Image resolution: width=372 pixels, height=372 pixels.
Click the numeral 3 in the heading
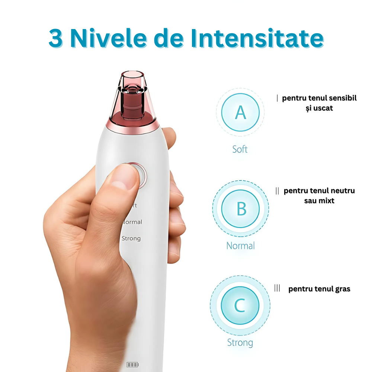tap(55, 38)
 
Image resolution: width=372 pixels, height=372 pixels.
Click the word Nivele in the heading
tap(109, 38)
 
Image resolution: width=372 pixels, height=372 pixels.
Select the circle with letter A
tap(240, 112)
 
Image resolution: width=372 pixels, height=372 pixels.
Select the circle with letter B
tap(241, 209)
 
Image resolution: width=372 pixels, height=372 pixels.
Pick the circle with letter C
tap(240, 305)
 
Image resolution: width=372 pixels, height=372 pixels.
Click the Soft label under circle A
tap(240, 149)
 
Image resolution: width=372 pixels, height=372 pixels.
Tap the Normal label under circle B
tap(241, 246)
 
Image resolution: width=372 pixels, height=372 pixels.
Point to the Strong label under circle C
tap(240, 343)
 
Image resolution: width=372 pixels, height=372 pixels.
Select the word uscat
tap(323, 108)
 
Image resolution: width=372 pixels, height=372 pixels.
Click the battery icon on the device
tap(132, 365)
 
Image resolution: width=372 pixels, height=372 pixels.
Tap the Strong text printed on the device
tap(131, 238)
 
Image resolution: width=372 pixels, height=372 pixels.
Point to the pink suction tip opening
tap(132, 74)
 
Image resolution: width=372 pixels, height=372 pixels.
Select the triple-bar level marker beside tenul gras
tap(277, 288)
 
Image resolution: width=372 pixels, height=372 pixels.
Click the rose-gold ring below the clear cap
tap(133, 127)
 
